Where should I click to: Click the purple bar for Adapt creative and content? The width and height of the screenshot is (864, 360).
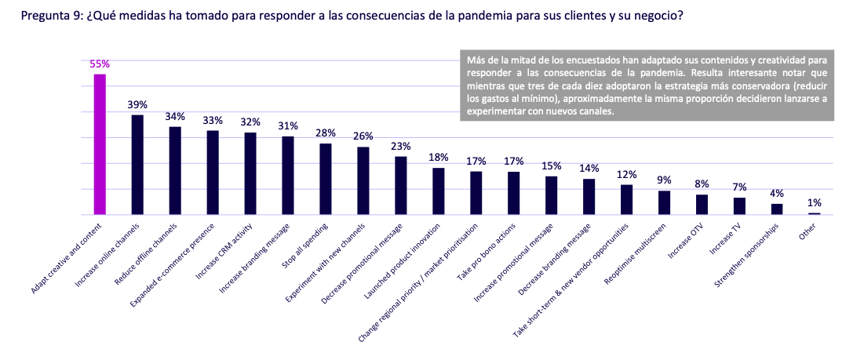point(100,144)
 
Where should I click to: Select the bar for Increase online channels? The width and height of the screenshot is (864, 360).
point(137,165)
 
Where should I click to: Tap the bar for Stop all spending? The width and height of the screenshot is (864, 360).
point(325,179)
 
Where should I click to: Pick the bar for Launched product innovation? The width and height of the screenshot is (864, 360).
point(438,191)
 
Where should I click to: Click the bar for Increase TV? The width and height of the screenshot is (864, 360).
point(739,205)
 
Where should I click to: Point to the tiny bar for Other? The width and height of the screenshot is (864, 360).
point(815,213)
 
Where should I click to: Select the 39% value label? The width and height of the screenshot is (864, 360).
point(137,105)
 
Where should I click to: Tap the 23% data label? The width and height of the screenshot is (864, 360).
point(400,146)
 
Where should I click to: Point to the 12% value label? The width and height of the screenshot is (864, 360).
point(626,174)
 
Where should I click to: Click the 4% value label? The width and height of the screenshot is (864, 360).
point(777,194)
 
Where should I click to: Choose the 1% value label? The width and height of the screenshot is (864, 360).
point(815,202)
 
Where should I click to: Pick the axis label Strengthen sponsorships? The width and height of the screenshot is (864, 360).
point(749,251)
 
